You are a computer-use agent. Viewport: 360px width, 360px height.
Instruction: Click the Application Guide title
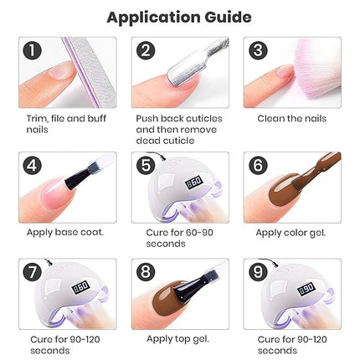coord(179,17)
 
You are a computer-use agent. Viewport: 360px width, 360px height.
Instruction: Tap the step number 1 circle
coord(32,50)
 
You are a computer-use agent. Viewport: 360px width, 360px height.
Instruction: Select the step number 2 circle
coord(146,50)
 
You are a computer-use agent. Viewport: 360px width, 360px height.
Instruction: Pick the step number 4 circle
coord(32,165)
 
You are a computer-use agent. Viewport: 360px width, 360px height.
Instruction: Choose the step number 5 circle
coord(146,165)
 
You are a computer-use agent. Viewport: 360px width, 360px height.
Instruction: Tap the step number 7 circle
coord(32,273)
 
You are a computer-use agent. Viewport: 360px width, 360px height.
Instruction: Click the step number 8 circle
coord(146,273)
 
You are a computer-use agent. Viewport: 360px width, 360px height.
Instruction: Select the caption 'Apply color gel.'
coord(290,232)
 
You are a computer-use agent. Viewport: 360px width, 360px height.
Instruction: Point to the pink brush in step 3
coord(280,71)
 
